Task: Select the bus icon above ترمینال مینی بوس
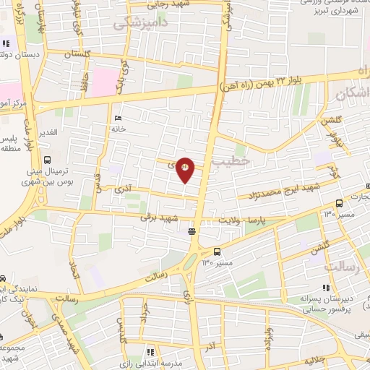click(x=47, y=160)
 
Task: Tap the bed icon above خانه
click(x=118, y=118)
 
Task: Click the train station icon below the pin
click(x=192, y=231)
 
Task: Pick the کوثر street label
click(x=333, y=171)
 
